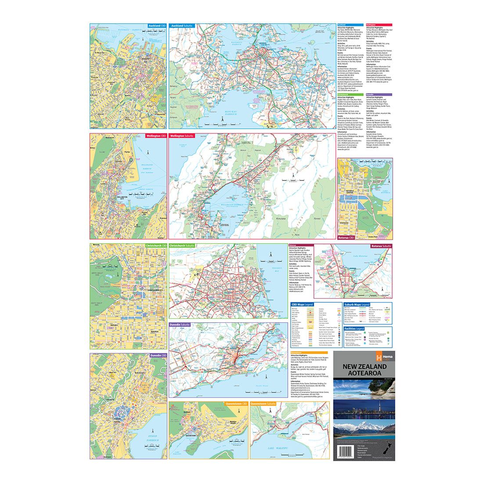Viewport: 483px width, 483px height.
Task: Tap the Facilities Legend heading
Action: click(354, 328)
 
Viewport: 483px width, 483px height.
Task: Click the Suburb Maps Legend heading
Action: click(357, 304)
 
